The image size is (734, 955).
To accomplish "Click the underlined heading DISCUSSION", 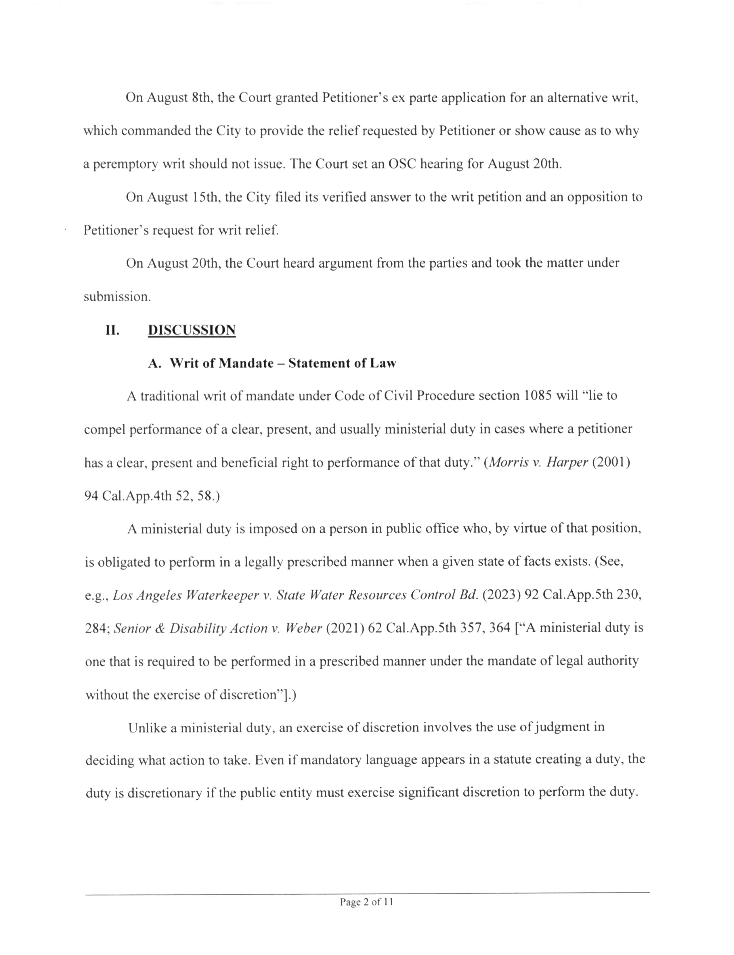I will click(x=192, y=330).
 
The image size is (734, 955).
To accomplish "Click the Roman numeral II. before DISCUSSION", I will click(x=112, y=330).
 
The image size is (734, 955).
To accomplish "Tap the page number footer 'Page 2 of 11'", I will click(x=366, y=902).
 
